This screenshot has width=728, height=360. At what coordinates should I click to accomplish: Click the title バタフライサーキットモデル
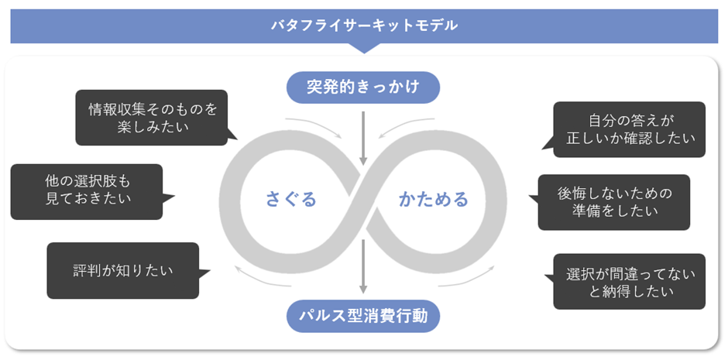(364, 26)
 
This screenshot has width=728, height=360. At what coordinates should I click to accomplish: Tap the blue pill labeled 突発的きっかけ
(363, 87)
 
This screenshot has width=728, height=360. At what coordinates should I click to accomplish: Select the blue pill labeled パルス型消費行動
(363, 316)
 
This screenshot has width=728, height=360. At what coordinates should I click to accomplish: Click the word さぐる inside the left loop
(291, 200)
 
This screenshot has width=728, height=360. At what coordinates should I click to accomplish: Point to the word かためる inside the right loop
(434, 200)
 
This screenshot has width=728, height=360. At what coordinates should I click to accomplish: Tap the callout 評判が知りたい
(122, 271)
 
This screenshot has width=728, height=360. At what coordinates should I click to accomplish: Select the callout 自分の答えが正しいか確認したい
(629, 129)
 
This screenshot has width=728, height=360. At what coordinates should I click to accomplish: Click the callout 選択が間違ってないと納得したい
(629, 282)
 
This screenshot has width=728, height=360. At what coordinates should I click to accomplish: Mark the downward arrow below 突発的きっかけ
(363, 138)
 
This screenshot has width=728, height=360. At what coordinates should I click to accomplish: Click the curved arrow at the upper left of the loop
(314, 126)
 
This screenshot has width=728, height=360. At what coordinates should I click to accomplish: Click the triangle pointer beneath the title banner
(364, 48)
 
